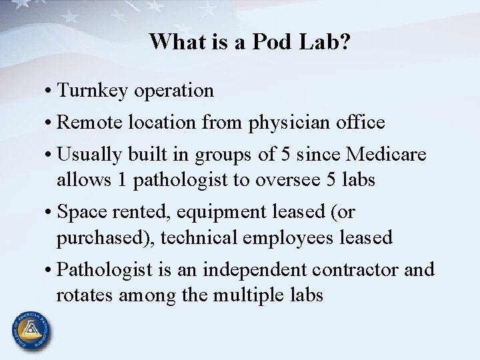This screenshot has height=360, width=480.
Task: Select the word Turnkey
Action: (x=93, y=90)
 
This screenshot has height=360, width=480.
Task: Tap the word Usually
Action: (x=91, y=155)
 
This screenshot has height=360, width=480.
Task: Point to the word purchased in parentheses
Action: (x=99, y=237)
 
